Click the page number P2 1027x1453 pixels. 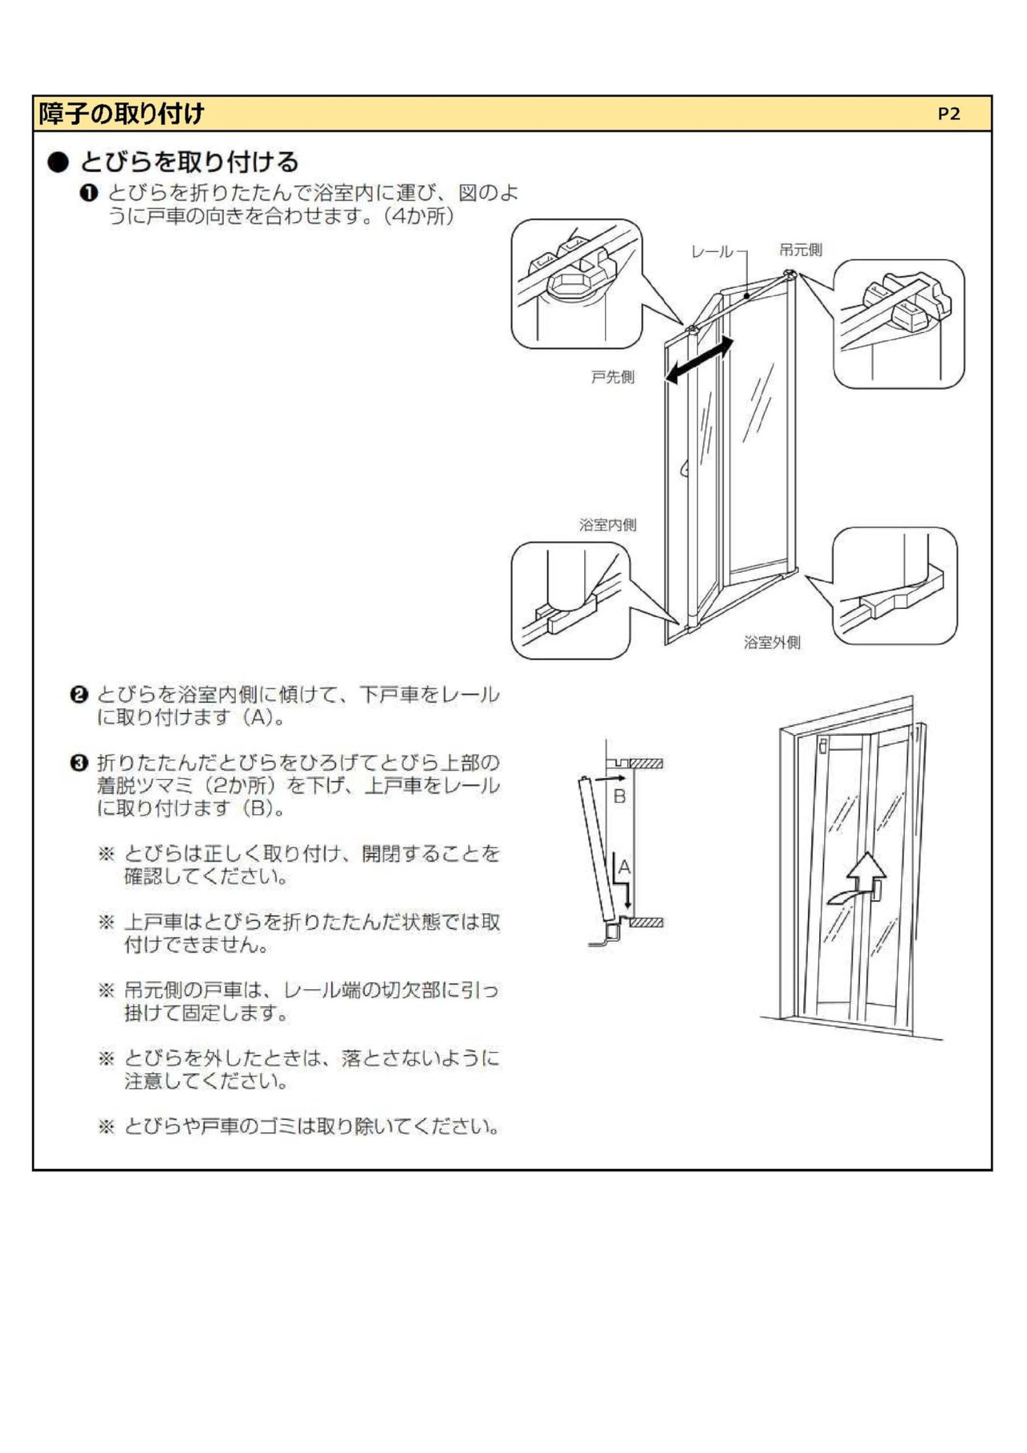tap(948, 114)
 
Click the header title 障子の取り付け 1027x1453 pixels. tap(121, 114)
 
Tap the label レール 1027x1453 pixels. tap(712, 252)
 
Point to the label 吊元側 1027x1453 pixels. tap(800, 250)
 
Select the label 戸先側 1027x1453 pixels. tap(612, 376)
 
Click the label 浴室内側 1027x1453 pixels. tap(607, 525)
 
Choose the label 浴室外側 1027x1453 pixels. tap(772, 642)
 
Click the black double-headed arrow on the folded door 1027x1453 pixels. tap(699, 359)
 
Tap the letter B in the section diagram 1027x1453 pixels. tap(619, 797)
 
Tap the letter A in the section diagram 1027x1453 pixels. tap(624, 867)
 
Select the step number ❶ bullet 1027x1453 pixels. tap(88, 193)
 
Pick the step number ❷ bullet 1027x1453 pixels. tap(79, 694)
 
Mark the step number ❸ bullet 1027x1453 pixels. tap(79, 762)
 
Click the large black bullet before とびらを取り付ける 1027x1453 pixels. tap(59, 162)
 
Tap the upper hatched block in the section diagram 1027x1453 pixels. tap(646, 763)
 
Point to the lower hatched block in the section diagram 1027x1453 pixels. tap(646, 923)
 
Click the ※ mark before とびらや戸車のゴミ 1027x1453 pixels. tap(107, 1126)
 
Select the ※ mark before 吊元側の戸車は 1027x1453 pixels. tap(107, 990)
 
